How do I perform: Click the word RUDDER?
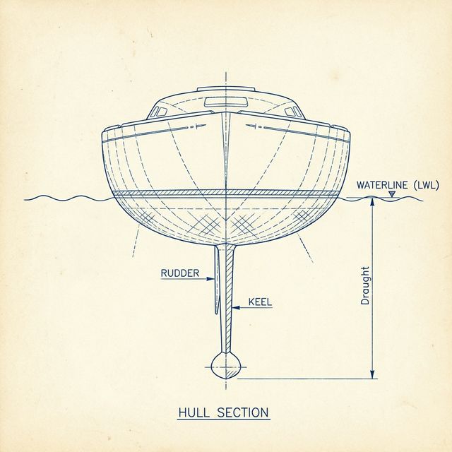point(179,273)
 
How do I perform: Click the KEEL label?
point(260,302)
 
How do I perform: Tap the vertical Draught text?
point(365,285)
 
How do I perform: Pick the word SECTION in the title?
point(244,410)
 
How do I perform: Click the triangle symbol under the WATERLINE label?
point(392,194)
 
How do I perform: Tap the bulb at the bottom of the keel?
point(226,364)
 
